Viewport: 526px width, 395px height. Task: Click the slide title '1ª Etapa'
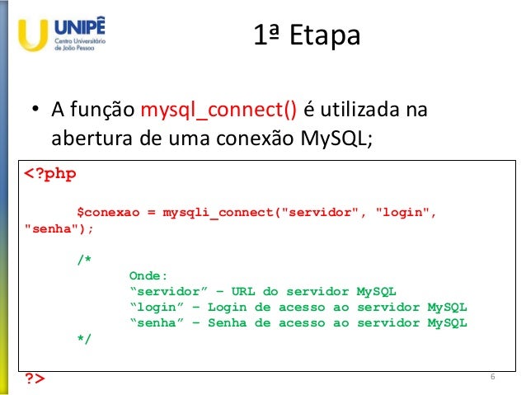click(305, 36)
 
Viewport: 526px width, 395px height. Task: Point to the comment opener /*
click(84, 260)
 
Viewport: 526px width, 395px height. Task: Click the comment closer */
click(84, 338)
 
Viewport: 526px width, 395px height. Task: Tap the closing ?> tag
click(35, 379)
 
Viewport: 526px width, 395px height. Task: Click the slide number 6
click(492, 377)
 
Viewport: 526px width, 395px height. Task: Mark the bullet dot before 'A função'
click(36, 111)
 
